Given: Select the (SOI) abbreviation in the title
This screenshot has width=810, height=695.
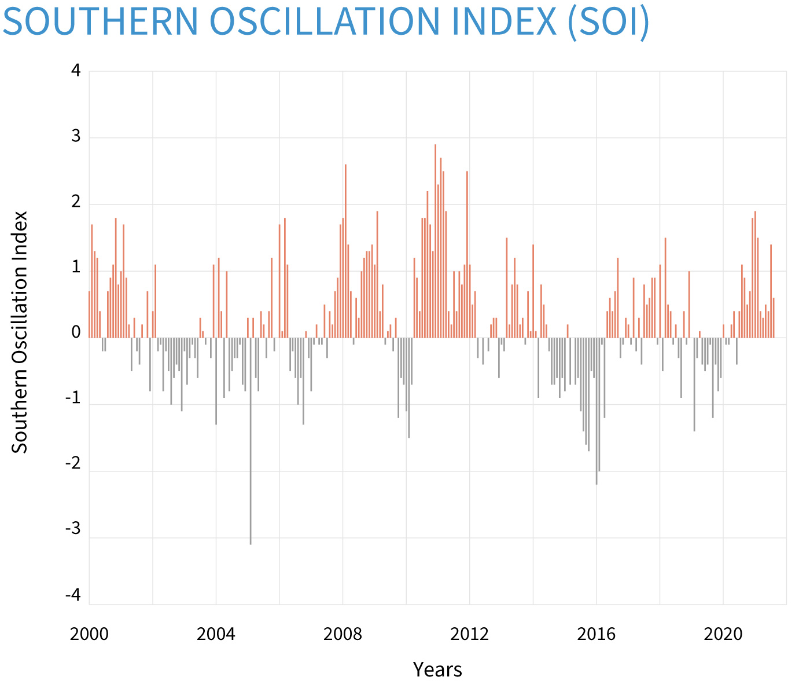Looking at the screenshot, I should [x=608, y=22].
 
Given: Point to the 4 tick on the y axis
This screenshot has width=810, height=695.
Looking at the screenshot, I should [x=76, y=71].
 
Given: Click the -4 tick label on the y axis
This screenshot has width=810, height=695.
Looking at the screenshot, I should [x=73, y=596].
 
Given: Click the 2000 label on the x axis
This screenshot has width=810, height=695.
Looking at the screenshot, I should [x=89, y=634].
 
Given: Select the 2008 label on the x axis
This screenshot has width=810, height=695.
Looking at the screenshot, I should [x=343, y=634].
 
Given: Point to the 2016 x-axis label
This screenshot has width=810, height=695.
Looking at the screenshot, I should [x=596, y=634].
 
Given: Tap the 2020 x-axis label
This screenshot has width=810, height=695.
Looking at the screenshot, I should [x=723, y=634].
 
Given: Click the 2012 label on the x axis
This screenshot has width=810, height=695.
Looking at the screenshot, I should [x=469, y=634].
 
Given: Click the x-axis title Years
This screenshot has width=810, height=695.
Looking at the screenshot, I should [x=437, y=670].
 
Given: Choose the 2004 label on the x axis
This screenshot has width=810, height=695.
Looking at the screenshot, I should [x=216, y=634].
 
